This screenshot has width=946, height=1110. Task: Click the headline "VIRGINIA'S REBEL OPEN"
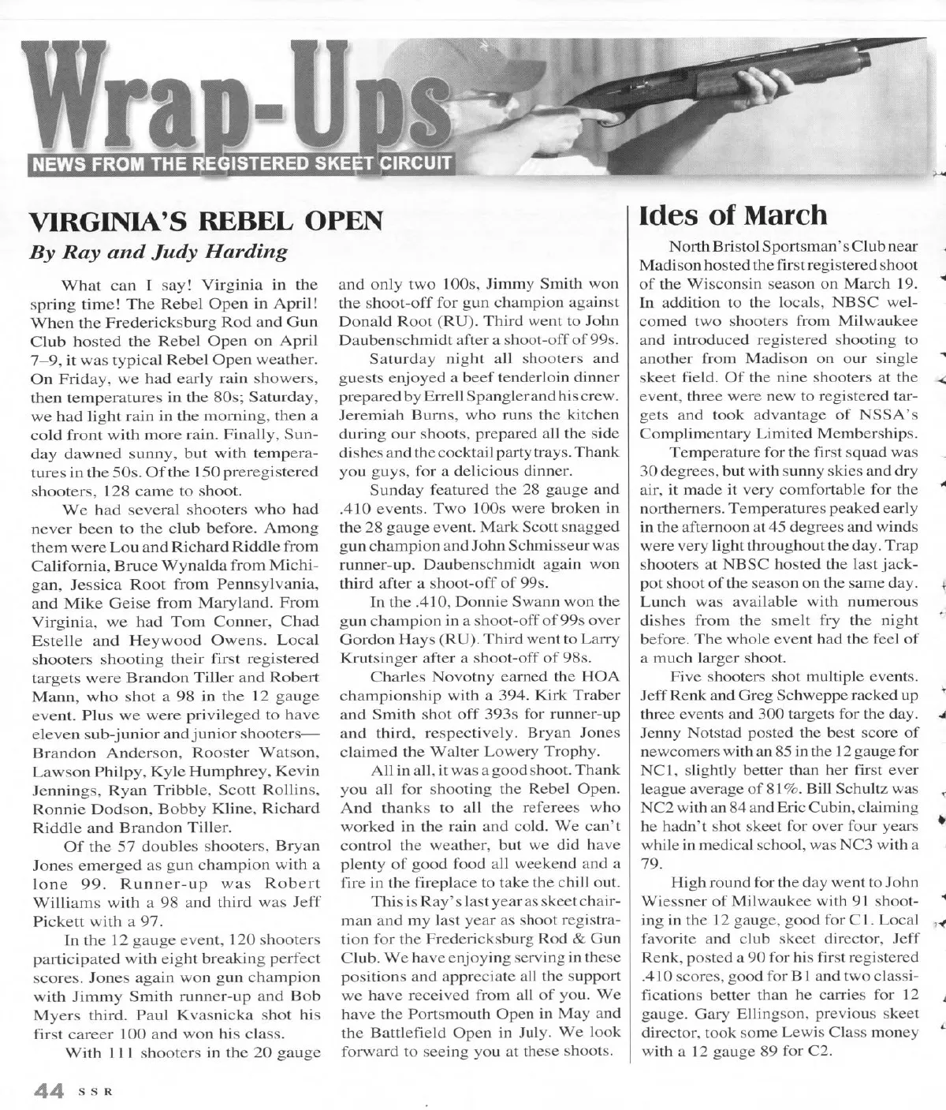pos(206,221)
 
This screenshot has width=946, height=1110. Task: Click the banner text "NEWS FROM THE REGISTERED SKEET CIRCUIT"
pos(240,164)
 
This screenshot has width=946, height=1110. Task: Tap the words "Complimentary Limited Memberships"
pos(779,433)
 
